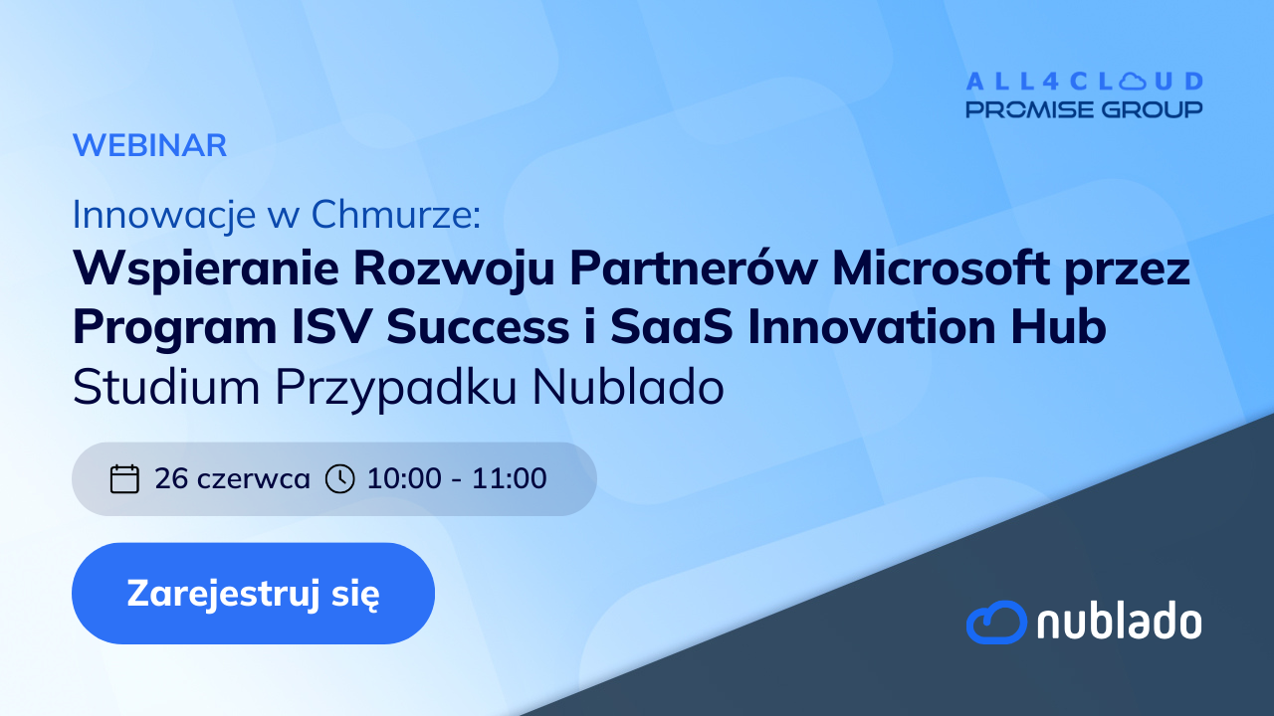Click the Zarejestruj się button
coord(253,594)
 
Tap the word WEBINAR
coord(150,145)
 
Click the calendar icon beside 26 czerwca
coord(124,478)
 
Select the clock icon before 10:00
coord(340,478)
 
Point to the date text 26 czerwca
coord(232,478)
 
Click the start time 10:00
coord(404,478)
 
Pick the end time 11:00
coord(509,478)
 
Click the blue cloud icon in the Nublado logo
coord(996,622)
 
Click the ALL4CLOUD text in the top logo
coord(1085,82)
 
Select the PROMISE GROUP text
coord(1085,109)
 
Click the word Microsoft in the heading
coord(942,268)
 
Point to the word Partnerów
coord(694,268)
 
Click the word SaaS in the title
coord(672,327)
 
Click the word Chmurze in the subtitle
coord(396,215)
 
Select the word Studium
coord(166,387)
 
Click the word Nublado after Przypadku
coord(628,387)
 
